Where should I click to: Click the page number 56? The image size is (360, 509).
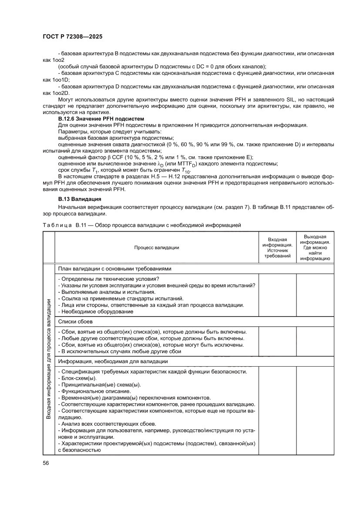coord(46,462)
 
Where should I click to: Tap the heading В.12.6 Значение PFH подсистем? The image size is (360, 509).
coord(101,119)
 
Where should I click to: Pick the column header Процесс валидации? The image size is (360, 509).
coord(156,247)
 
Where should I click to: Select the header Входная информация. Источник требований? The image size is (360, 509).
coord(278,248)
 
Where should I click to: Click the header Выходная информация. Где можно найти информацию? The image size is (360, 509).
coord(315,247)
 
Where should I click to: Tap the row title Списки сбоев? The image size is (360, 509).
coord(76,321)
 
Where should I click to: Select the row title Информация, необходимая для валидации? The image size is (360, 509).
coord(113,361)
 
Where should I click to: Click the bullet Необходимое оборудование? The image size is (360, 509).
coord(95,311)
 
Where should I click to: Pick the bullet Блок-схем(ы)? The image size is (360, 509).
coord(77,378)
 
